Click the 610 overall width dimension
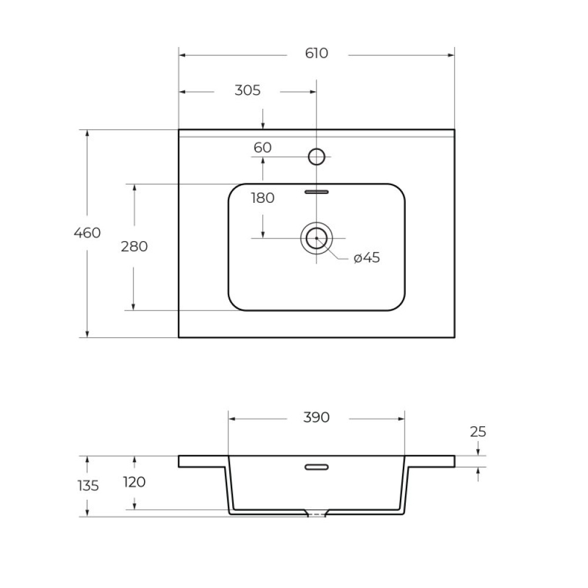click(316, 54)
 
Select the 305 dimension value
click(247, 91)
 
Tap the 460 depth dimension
click(87, 233)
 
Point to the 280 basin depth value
click(134, 247)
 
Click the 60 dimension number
click(262, 148)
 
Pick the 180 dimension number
click(262, 198)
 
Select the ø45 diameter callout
click(366, 258)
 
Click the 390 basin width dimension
click(316, 417)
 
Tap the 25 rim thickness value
click(478, 432)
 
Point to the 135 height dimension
click(87, 486)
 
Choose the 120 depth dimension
click(134, 482)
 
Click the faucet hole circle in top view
click(316, 156)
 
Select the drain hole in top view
click(316, 238)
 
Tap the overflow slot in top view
click(316, 191)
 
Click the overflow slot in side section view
click(316, 467)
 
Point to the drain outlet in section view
click(317, 514)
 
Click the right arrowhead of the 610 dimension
click(451, 55)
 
